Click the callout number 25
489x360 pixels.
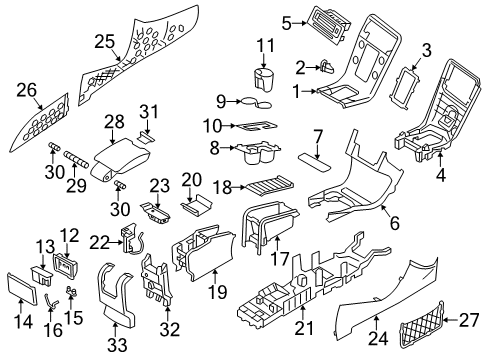pyautogui.click(x=104, y=42)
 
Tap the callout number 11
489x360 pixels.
pyautogui.click(x=266, y=45)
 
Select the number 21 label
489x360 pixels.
pyautogui.click(x=304, y=328)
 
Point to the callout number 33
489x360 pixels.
pyautogui.click(x=117, y=345)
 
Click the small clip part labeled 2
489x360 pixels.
pyautogui.click(x=327, y=67)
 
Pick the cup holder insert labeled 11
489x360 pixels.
pyautogui.click(x=265, y=80)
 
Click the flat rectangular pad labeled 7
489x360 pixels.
pyautogui.click(x=315, y=163)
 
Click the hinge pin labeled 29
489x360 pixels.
pyautogui.click(x=76, y=158)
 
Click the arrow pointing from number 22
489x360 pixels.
pyautogui.click(x=115, y=243)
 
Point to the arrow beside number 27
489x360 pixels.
pyautogui.click(x=451, y=320)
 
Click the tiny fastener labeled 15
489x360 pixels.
pyautogui.click(x=72, y=291)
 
